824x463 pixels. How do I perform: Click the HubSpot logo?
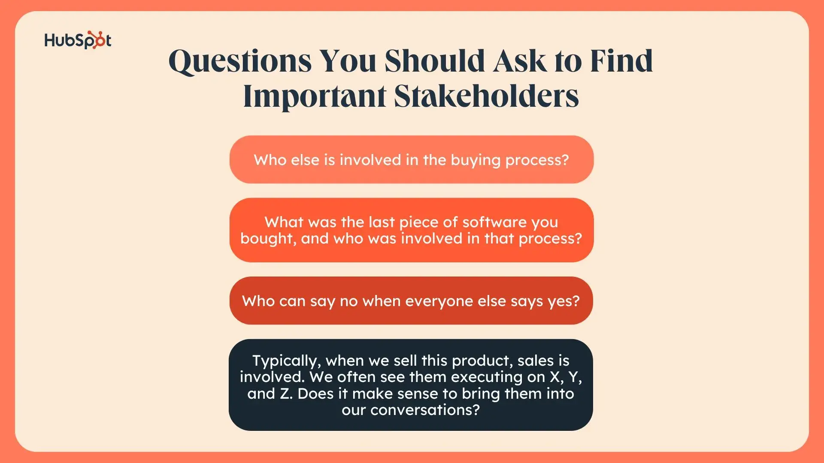coord(78,40)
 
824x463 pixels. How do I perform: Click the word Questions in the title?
coord(240,61)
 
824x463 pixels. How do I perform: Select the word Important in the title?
coord(315,97)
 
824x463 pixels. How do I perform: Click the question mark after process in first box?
coord(565,159)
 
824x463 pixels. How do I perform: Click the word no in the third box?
coord(348,301)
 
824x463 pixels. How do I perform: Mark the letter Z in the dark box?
coord(285,394)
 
